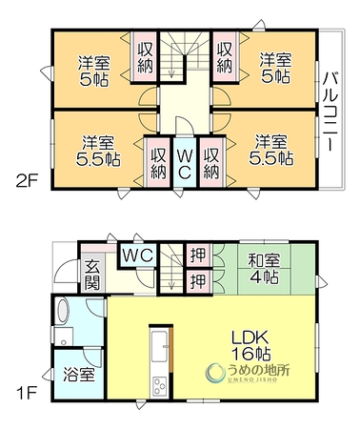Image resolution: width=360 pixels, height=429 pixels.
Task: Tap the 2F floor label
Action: coord(27,182)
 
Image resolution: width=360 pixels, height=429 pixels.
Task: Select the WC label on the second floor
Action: coord(184,163)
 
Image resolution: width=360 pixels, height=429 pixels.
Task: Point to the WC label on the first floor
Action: coord(138,255)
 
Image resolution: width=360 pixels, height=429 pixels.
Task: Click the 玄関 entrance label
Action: coord(92,275)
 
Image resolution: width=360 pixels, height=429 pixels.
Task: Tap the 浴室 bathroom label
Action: coord(79,375)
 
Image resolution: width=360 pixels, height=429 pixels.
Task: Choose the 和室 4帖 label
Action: coord(264,269)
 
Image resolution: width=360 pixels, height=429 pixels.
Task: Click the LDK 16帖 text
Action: coord(250,346)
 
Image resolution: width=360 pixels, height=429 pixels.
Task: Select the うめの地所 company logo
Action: coord(248,373)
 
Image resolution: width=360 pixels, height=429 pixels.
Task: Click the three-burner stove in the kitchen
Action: coord(159,385)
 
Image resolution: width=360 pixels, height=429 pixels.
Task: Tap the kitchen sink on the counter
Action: coord(160,346)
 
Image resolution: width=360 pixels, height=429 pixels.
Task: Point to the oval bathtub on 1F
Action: coord(62,311)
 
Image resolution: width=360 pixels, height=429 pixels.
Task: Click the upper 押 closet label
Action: coord(199,255)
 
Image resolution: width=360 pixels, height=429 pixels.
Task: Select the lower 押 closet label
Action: coord(199,281)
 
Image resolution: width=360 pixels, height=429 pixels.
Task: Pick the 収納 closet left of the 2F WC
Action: coord(158,163)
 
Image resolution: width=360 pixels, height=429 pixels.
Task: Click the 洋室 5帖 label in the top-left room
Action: coord(94,71)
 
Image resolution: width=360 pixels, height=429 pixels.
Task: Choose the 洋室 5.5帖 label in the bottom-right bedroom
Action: coord(271,151)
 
